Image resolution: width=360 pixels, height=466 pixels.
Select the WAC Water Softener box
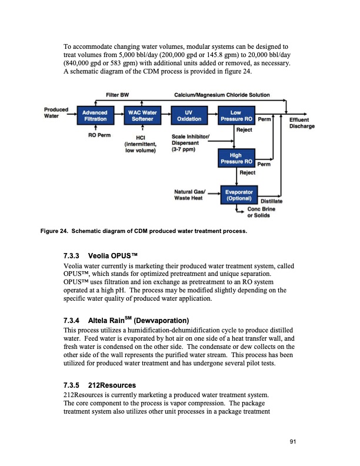point(141,115)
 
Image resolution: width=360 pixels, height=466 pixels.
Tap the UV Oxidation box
point(188,115)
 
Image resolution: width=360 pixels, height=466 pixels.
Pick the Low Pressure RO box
point(235,115)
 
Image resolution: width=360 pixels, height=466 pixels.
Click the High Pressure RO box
point(235,157)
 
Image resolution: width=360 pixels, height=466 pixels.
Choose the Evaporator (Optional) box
point(239,195)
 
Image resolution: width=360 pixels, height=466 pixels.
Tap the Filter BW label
point(117,95)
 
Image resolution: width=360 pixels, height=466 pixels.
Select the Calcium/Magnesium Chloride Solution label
point(222,95)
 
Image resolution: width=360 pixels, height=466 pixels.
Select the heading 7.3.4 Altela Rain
point(125,321)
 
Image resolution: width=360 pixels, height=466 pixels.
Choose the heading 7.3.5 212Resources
point(99,385)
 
